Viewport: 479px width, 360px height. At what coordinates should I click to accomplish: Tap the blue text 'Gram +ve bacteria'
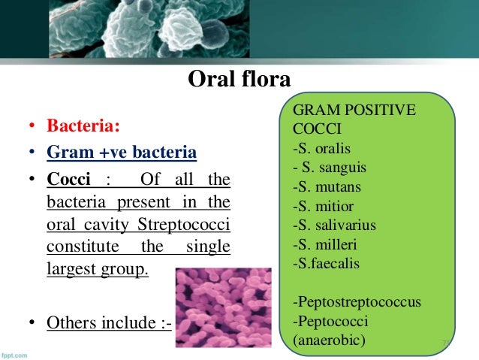click(x=122, y=153)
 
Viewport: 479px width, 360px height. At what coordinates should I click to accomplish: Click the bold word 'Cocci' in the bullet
click(x=68, y=181)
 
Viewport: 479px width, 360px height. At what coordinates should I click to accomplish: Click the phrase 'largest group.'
click(x=97, y=268)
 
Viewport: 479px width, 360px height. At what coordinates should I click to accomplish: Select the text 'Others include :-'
click(x=109, y=323)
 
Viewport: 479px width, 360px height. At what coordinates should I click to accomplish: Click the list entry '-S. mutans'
click(x=325, y=185)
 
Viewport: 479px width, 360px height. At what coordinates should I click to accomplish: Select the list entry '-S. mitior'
click(x=322, y=204)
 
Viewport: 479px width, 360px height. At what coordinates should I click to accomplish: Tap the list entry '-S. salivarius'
click(x=334, y=224)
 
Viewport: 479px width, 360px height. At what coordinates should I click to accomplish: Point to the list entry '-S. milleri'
click(x=324, y=244)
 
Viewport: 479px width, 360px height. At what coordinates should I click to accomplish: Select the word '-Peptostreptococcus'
click(x=357, y=302)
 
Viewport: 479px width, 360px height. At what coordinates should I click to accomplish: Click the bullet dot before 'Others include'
click(x=33, y=324)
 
